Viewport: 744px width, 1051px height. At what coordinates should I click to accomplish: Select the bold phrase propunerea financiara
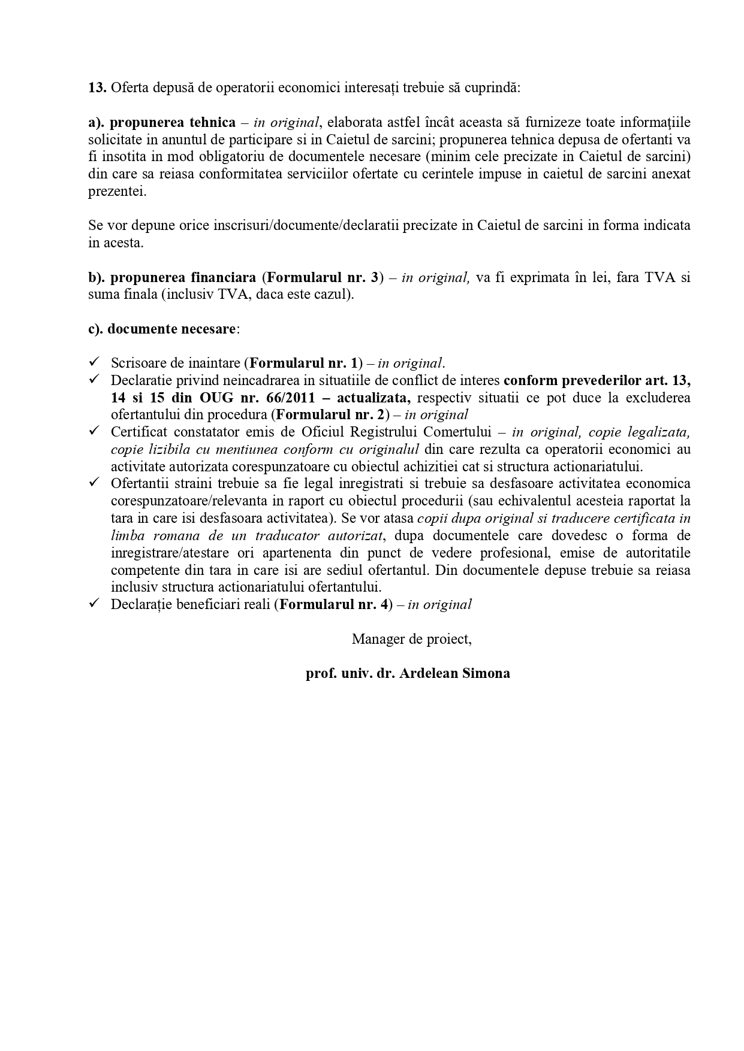pyautogui.click(x=183, y=278)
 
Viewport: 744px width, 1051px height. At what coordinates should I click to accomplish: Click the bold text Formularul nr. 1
pyautogui.click(x=306, y=364)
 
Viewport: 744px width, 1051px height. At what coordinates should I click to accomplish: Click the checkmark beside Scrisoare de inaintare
pyautogui.click(x=94, y=362)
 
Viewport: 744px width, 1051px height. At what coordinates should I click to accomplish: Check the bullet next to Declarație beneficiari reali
pyautogui.click(x=94, y=604)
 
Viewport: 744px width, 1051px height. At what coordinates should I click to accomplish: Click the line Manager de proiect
pyautogui.click(x=411, y=639)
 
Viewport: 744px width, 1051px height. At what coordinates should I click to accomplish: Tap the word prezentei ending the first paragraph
pyautogui.click(x=117, y=192)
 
